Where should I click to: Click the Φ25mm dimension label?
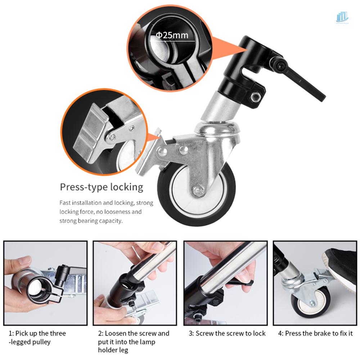(172, 35)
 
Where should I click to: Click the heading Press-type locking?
(101, 187)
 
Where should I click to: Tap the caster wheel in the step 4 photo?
(311, 302)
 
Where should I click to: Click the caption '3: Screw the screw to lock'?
(227, 333)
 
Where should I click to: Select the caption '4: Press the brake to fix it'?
(315, 333)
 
